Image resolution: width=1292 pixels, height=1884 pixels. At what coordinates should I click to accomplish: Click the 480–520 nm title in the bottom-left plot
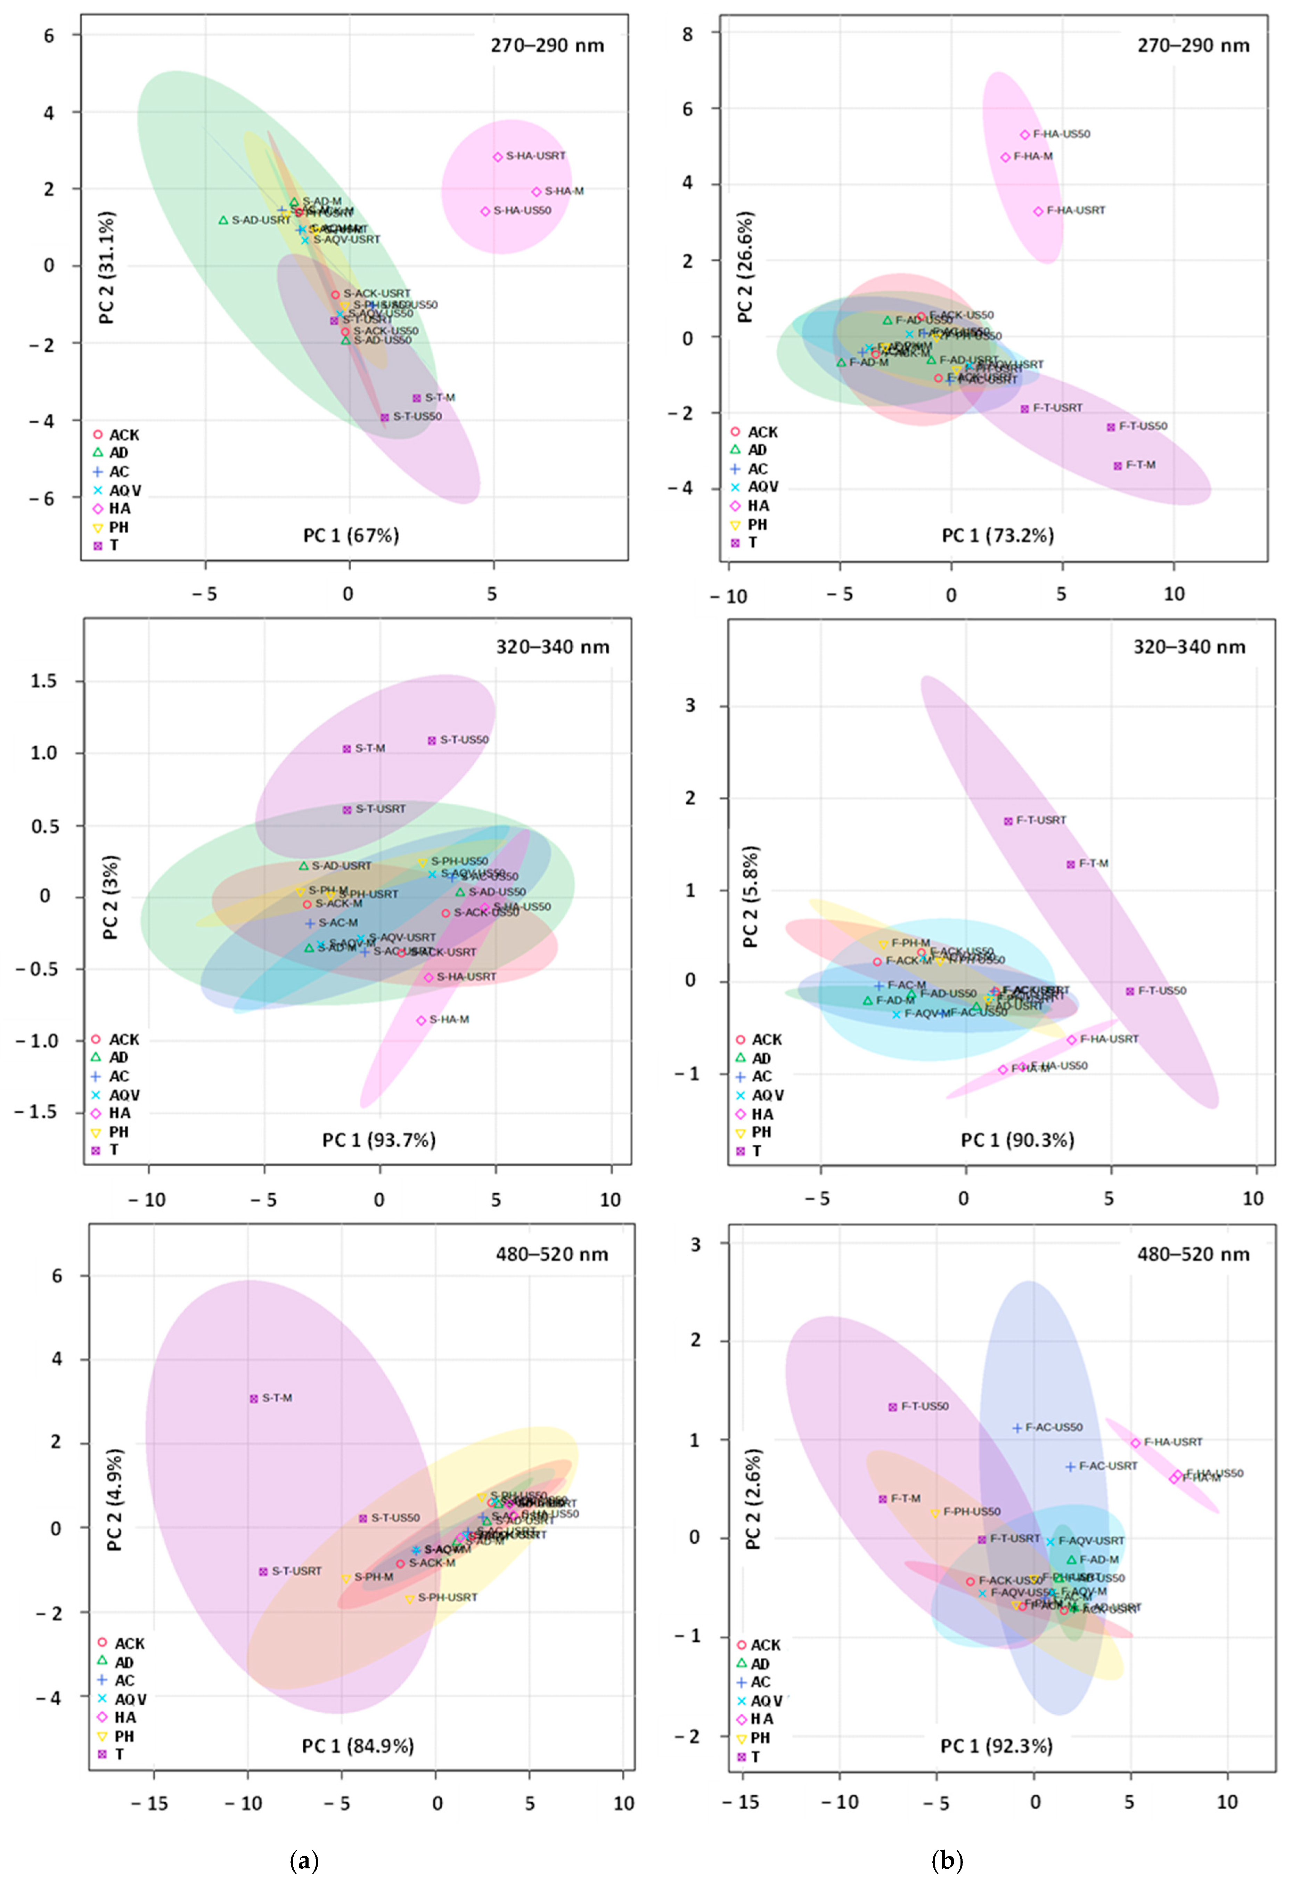(551, 1254)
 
